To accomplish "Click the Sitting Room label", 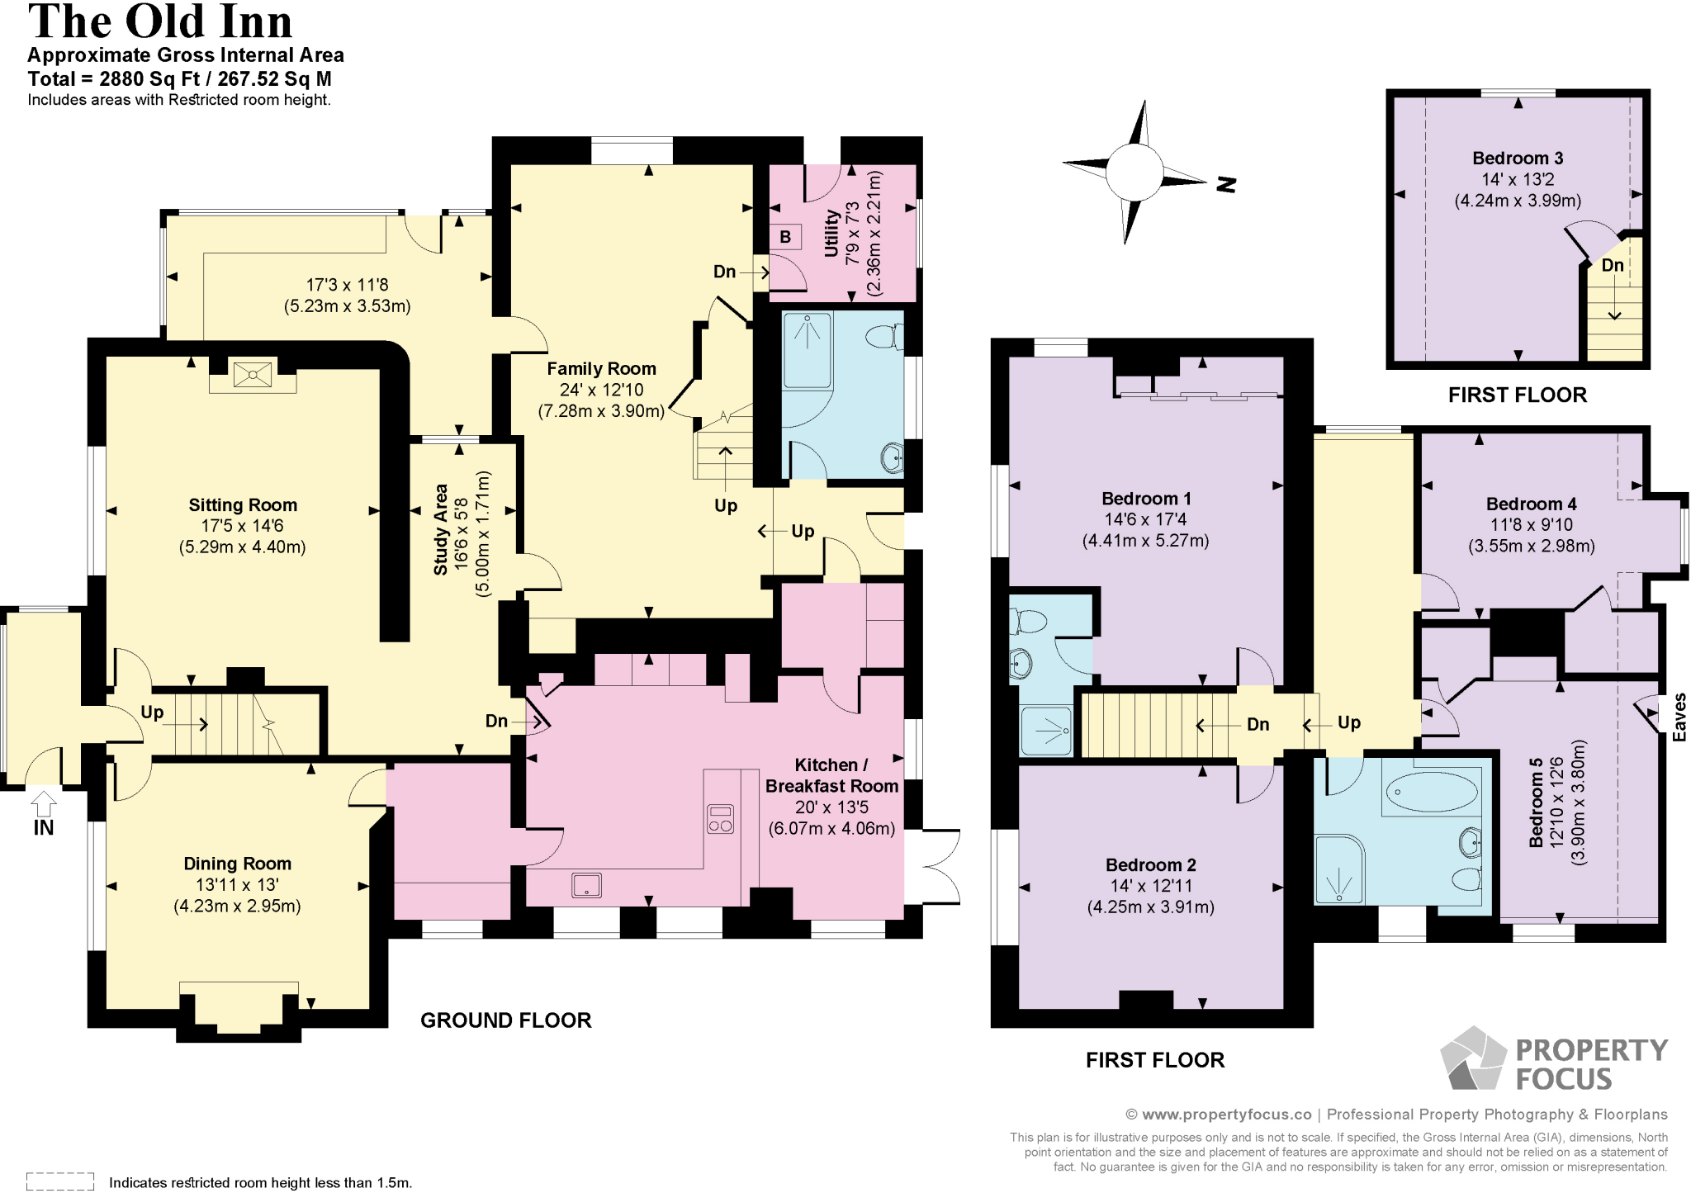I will [x=242, y=505].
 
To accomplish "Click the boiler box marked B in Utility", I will [x=785, y=237].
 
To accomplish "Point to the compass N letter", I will [x=1227, y=184].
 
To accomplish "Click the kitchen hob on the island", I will [x=720, y=819].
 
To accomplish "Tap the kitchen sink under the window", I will [x=586, y=885].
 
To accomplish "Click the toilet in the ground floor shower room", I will [x=884, y=337].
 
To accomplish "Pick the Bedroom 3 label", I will [x=1518, y=159].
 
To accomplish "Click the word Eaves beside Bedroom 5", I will [x=1679, y=717].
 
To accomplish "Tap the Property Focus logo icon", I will [x=1474, y=1058].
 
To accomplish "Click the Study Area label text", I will [x=441, y=529].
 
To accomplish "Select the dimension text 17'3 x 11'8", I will [x=347, y=285].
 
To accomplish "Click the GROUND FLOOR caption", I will [x=505, y=1020].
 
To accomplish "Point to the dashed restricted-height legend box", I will [x=60, y=1181].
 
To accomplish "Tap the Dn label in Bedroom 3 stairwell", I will [x=1612, y=266].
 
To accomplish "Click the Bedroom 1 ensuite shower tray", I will [x=1046, y=731].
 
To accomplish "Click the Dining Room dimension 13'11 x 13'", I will [x=237, y=885].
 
